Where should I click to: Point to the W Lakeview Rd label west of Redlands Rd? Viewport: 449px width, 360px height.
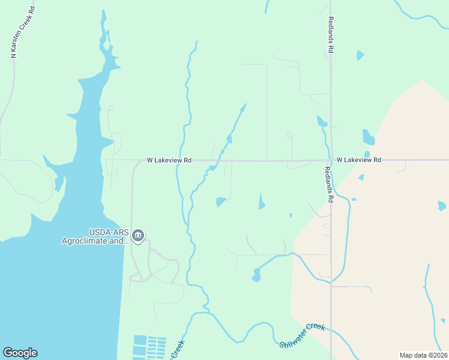click(169, 161)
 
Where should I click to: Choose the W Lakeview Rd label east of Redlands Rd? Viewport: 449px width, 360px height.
click(359, 160)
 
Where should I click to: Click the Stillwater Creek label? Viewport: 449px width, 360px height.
click(303, 335)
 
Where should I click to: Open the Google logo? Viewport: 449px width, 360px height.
click(20, 353)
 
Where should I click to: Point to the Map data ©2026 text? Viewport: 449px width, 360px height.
click(423, 355)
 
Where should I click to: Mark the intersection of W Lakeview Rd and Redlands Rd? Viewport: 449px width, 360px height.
click(331, 160)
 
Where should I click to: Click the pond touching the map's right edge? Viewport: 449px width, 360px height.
click(442, 206)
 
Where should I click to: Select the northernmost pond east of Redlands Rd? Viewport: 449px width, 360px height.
click(360, 55)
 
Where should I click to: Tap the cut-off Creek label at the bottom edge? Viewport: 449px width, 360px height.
click(177, 349)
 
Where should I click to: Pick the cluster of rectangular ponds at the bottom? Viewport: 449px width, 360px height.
click(149, 346)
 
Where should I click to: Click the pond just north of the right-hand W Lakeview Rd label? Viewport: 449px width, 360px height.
click(367, 154)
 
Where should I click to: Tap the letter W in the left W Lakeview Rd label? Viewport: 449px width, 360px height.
click(150, 161)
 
